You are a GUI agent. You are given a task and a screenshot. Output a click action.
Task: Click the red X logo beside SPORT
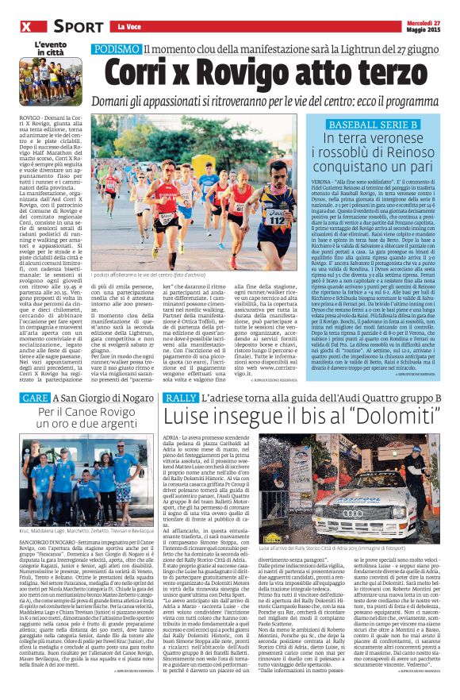click(26, 28)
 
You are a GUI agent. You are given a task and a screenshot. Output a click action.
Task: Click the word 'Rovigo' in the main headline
click(227, 72)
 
